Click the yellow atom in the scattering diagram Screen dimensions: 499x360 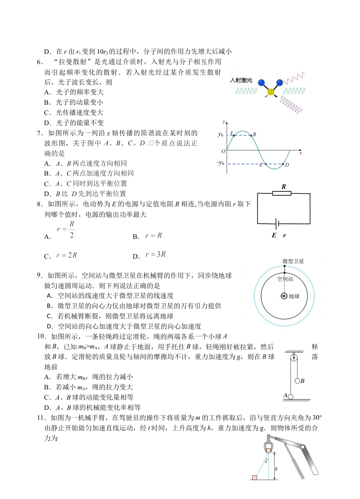[270, 92]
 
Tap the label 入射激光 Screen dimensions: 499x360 [241, 80]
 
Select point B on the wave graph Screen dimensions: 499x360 [251, 135]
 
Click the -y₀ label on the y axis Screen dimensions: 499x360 [221, 163]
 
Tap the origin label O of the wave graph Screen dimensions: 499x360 [223, 151]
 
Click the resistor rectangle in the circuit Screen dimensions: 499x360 [282, 193]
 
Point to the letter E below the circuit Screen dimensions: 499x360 [274, 235]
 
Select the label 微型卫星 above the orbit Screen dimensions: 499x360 [293, 261]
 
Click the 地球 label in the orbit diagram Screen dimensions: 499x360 [294, 296]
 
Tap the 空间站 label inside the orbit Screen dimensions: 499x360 [285, 279]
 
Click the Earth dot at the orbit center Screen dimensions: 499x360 [284, 296]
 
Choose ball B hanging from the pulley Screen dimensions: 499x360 [297, 381]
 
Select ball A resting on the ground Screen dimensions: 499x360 [291, 397]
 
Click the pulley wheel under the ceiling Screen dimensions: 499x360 [293, 357]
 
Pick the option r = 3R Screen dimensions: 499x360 [155, 254]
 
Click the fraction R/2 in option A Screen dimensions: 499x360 [71, 229]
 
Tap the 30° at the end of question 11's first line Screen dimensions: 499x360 [317, 418]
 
